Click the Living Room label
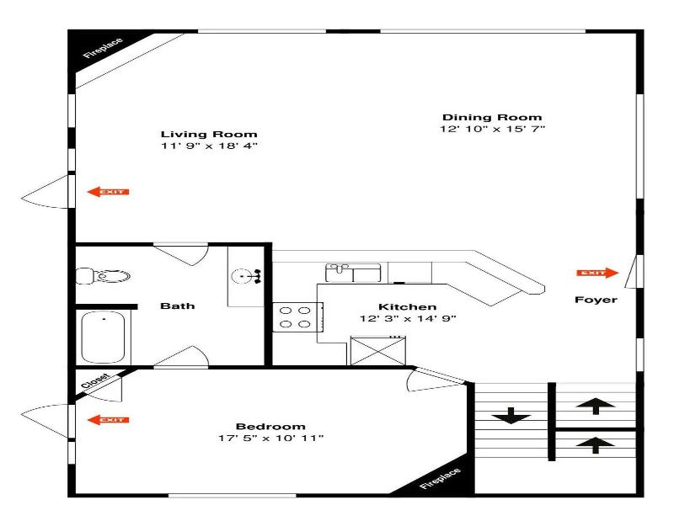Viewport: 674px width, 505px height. [209, 135]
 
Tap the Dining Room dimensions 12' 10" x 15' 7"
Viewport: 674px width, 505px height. [492, 129]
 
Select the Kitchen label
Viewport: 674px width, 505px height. [408, 307]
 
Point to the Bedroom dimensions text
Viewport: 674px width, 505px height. [270, 439]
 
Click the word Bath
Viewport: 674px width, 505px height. [178, 306]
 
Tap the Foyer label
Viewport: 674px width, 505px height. [596, 300]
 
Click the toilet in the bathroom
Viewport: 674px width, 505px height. [103, 276]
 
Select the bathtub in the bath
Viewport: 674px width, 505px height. [103, 338]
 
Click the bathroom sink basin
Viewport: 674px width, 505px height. [242, 276]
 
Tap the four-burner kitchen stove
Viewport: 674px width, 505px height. [297, 317]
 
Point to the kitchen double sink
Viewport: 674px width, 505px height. [353, 273]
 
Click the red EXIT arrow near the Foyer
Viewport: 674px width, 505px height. [597, 273]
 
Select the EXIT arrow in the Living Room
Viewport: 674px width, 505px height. [108, 192]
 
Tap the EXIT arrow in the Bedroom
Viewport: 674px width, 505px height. [108, 420]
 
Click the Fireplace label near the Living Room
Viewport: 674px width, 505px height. [103, 48]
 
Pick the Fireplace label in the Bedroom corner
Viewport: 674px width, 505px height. [440, 478]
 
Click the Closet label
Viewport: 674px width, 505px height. [95, 381]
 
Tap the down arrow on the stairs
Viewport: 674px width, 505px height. [511, 416]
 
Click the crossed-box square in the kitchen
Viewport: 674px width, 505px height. [378, 351]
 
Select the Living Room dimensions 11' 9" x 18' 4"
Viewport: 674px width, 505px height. [209, 146]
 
